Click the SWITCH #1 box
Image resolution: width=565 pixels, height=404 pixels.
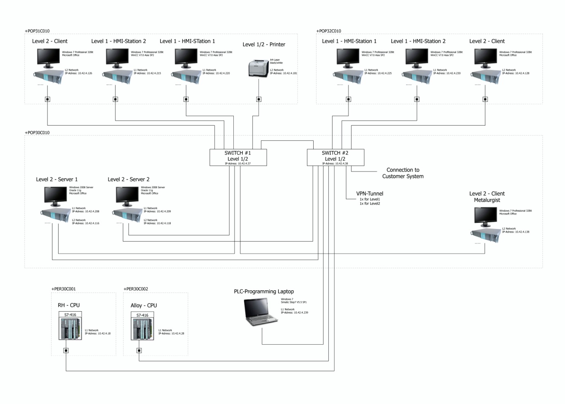tap(238, 157)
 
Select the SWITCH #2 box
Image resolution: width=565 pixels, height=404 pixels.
tap(335, 157)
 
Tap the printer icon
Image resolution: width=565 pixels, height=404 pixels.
tap(258, 68)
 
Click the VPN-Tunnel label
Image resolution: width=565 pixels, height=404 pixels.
tap(369, 194)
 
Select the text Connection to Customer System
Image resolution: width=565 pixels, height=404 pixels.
tap(403, 173)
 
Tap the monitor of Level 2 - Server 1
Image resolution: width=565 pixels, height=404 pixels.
tap(55, 196)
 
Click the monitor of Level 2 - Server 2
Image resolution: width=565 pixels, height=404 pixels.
tap(127, 196)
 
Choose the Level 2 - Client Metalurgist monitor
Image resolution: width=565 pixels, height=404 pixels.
tap(485, 216)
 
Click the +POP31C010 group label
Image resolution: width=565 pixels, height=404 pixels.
tap(37, 31)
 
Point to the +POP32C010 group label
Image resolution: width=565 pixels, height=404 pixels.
tap(329, 31)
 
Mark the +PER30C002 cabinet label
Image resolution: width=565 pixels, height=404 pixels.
tap(136, 289)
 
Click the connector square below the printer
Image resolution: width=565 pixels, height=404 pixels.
tap(259, 99)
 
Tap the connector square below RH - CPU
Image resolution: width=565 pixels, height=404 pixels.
tap(66, 350)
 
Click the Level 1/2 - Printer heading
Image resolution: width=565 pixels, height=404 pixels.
tap(264, 45)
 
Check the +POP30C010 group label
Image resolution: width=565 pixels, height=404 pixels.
tap(37, 133)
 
